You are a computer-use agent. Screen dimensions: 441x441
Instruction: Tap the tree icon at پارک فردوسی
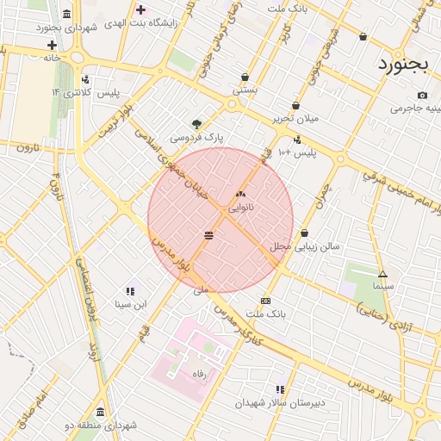[196, 124]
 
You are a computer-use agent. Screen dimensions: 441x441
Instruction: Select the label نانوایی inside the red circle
[240, 208]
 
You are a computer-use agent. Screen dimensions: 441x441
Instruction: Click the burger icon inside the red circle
[209, 234]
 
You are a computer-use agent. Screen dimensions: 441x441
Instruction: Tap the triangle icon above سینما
[383, 274]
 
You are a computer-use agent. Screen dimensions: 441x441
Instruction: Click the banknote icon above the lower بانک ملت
[265, 301]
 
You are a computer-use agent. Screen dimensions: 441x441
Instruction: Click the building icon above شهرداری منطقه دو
[101, 412]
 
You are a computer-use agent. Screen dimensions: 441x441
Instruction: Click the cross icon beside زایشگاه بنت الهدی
[140, 9]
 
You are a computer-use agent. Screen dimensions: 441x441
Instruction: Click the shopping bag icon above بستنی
[245, 77]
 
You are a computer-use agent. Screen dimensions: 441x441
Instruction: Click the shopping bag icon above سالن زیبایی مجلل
[304, 233]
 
